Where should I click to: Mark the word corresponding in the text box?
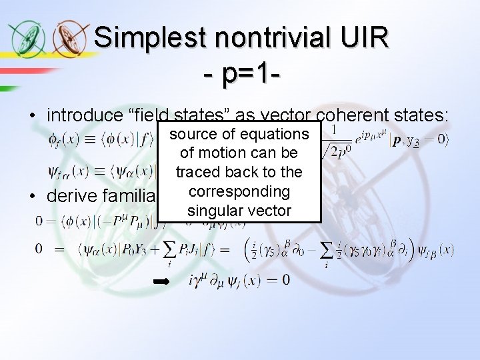[x=239, y=192]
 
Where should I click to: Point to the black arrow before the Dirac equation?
[x=161, y=282]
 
